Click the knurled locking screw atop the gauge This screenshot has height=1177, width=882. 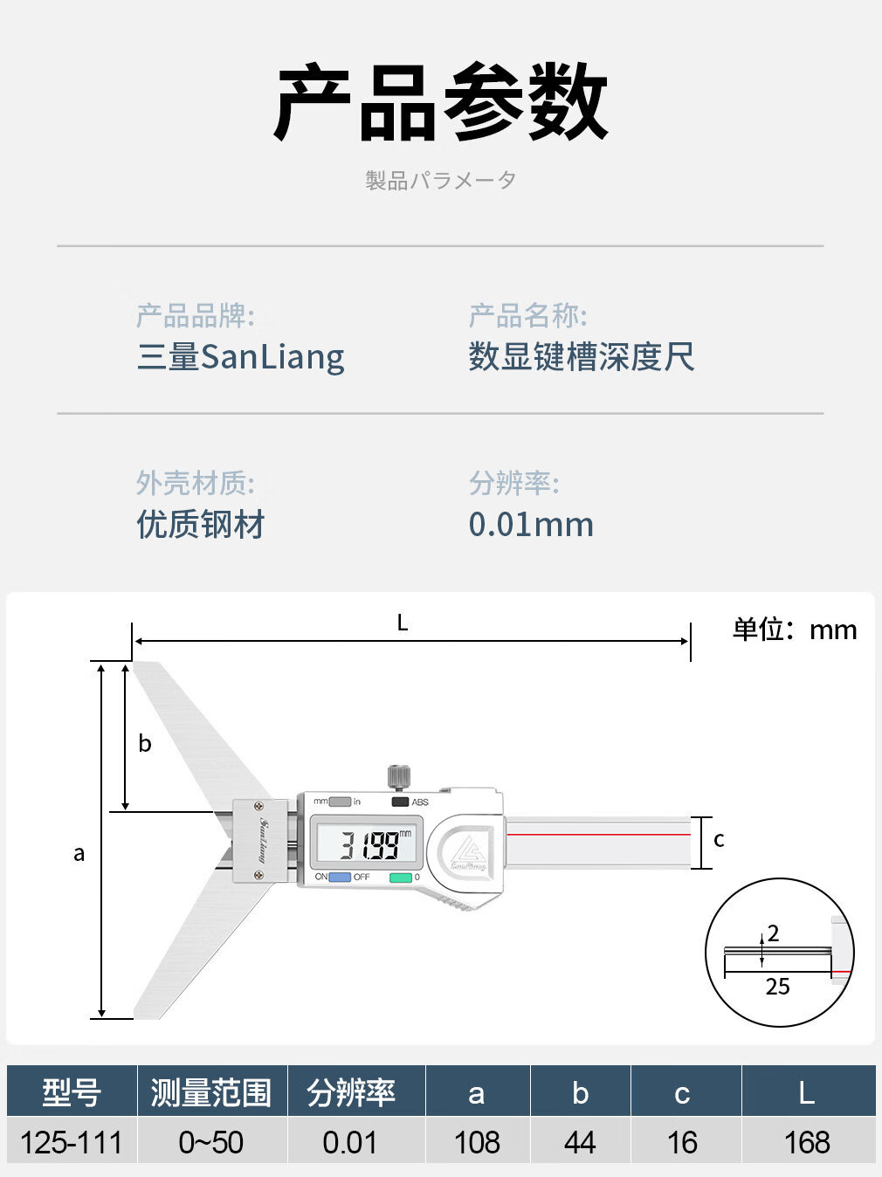[x=399, y=774]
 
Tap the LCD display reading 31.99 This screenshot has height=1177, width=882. [x=368, y=843]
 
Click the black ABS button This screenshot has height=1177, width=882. [x=400, y=802]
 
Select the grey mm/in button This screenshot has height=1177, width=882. [x=339, y=802]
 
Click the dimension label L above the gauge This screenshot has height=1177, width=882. [x=403, y=623]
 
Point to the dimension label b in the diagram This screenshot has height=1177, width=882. [x=145, y=744]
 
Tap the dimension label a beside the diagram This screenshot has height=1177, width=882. [x=79, y=854]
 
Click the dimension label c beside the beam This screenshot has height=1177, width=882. [x=719, y=840]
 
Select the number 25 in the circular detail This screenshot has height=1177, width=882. [x=777, y=987]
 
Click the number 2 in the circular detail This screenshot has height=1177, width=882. [x=773, y=933]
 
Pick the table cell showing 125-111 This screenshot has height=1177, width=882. [x=72, y=1142]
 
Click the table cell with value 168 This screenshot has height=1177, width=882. [x=807, y=1142]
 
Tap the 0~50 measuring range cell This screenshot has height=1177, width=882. [x=211, y=1142]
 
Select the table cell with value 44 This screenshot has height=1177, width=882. [x=580, y=1142]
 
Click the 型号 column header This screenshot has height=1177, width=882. [x=72, y=1092]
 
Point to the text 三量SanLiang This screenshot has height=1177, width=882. [x=241, y=357]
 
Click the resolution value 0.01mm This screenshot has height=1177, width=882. [x=531, y=525]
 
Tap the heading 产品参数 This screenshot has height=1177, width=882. [x=441, y=103]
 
